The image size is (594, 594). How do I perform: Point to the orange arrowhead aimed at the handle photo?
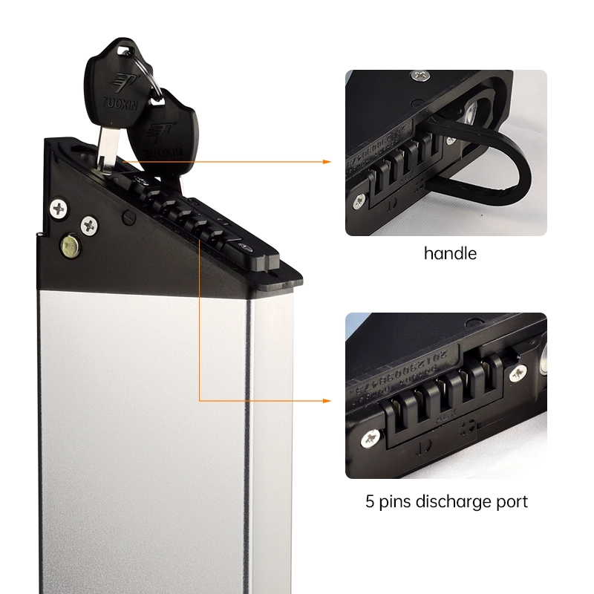click(326, 160)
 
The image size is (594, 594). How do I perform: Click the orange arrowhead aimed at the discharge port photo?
click(326, 401)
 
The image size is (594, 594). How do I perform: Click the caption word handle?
click(450, 253)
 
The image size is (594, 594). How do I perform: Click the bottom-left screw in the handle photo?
click(359, 198)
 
